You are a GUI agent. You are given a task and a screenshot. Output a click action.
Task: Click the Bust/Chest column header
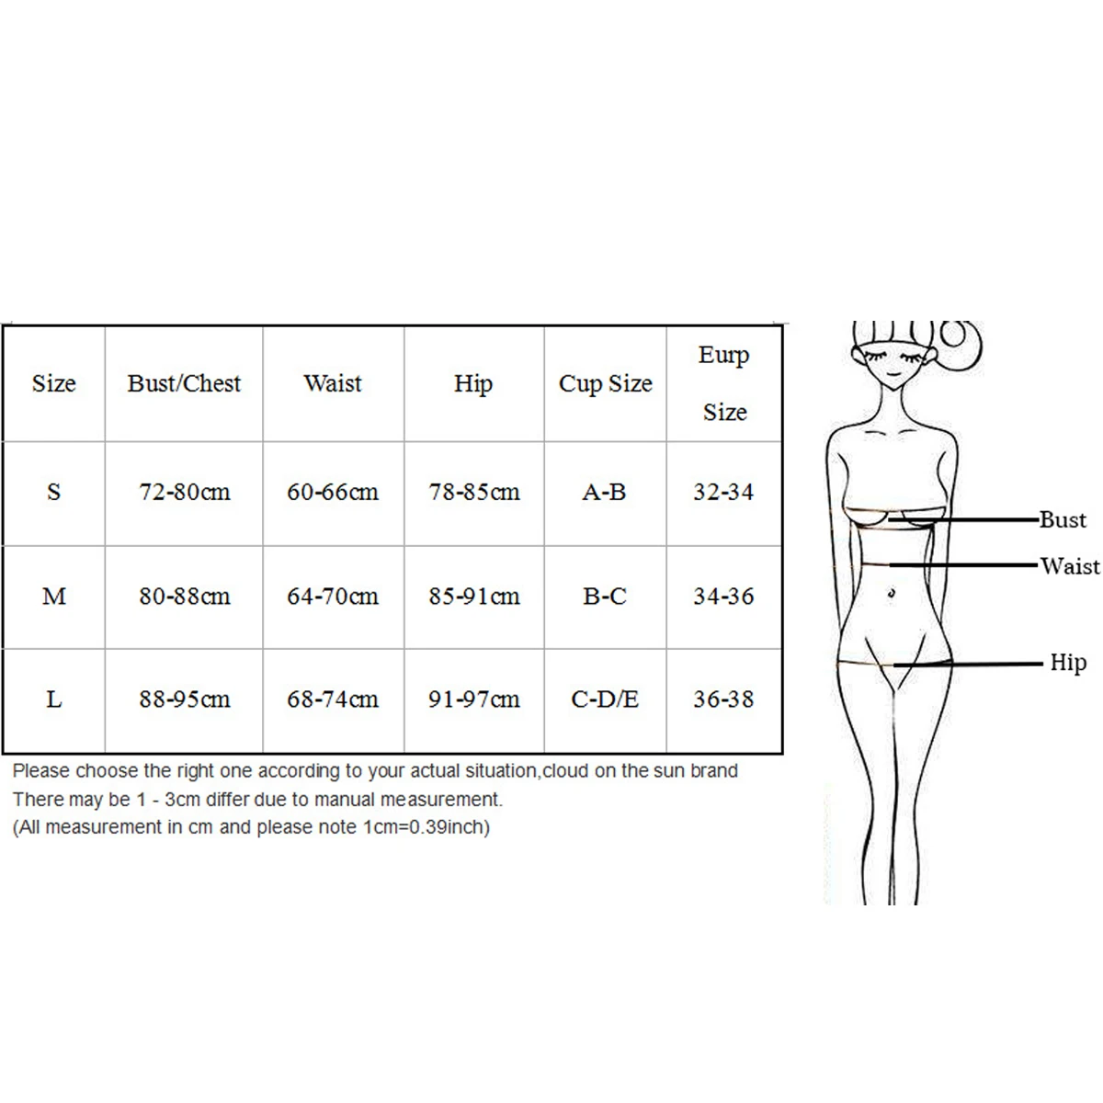point(184,383)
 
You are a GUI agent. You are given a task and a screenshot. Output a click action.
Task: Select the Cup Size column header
point(605,383)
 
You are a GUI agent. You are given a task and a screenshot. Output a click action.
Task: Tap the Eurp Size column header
point(724,383)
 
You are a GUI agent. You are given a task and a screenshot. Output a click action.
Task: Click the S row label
point(53,492)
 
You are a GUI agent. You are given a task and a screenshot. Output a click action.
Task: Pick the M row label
point(54,597)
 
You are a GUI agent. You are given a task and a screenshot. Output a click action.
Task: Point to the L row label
point(54,699)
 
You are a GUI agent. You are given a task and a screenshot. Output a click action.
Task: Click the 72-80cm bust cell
point(184,492)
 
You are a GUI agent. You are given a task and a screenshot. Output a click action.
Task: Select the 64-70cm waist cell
point(332,597)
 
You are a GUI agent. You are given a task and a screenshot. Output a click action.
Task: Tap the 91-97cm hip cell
point(473,699)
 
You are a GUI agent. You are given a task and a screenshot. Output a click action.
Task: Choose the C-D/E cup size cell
point(605,699)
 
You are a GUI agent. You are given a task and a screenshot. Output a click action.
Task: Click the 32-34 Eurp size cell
point(723,492)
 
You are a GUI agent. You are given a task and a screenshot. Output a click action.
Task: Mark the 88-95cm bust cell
point(184,699)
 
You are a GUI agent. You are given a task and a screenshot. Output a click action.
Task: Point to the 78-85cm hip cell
point(473,492)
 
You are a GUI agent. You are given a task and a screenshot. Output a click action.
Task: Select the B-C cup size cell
point(605,597)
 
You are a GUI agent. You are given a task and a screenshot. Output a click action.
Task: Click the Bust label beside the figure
point(1063,519)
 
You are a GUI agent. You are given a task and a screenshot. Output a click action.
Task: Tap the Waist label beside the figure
point(1070,565)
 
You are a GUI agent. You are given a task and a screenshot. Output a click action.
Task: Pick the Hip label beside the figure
point(1068,662)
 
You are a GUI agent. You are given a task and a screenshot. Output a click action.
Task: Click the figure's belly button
point(891,595)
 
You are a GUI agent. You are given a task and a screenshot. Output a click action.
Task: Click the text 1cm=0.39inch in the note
point(426,827)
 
